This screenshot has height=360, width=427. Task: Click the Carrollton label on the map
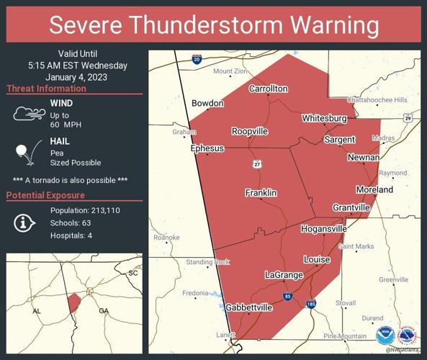point(268,89)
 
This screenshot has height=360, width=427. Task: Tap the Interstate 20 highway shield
point(197,60)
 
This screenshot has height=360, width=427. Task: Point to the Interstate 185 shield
point(311,305)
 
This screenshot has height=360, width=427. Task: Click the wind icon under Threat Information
point(27,114)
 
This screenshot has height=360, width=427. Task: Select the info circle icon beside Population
point(24,222)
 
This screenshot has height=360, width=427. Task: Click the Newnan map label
point(364,157)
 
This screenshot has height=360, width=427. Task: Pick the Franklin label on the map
point(261,193)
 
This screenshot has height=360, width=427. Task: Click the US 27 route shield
point(257,164)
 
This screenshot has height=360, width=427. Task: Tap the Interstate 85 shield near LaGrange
point(287,296)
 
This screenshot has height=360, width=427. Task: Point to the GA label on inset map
point(103,311)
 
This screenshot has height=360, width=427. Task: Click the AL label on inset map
point(36,311)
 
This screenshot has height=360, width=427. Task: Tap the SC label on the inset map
point(132,273)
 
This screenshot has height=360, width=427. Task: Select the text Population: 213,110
point(85,210)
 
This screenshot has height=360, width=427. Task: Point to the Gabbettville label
point(249,307)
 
